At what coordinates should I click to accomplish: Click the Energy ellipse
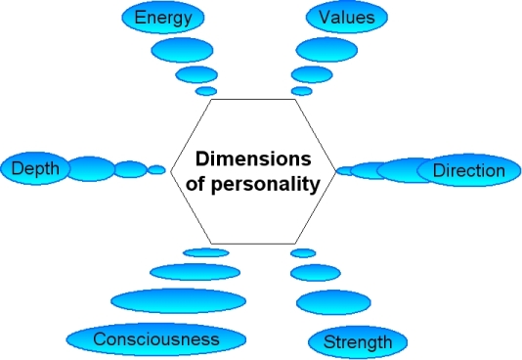click(x=163, y=18)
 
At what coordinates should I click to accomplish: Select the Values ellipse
click(x=347, y=17)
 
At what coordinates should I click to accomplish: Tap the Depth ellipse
click(x=35, y=169)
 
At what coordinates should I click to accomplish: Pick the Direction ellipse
click(x=468, y=170)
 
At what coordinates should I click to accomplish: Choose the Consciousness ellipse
click(x=156, y=338)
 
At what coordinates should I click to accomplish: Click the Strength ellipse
click(x=357, y=341)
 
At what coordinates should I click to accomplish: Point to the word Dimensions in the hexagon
click(x=252, y=158)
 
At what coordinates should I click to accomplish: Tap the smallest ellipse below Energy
click(x=206, y=91)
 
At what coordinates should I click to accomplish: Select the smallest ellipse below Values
click(x=302, y=91)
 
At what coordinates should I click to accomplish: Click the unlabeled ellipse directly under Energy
click(x=182, y=49)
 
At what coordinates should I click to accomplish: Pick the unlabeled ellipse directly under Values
click(x=326, y=49)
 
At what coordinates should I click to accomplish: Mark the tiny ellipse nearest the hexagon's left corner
click(x=156, y=169)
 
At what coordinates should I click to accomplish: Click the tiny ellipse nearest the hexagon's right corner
click(x=344, y=170)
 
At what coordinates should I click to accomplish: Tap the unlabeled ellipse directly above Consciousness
click(x=170, y=300)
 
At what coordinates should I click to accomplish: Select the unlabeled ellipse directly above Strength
click(x=332, y=302)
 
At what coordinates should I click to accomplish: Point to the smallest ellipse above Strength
click(x=303, y=252)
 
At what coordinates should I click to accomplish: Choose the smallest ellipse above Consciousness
click(x=205, y=252)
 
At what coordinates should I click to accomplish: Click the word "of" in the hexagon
click(x=205, y=182)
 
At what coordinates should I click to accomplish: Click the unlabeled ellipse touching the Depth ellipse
click(x=92, y=168)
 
